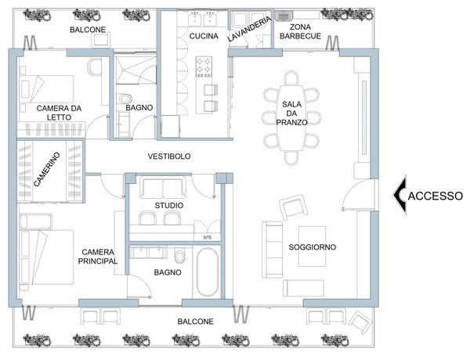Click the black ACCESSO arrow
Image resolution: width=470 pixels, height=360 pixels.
point(399,195)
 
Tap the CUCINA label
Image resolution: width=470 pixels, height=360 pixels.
point(204,36)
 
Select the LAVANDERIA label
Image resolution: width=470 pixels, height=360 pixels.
point(249,29)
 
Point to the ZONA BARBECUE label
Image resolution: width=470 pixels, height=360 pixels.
point(300,31)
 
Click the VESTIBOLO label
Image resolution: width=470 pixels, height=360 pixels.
point(169,156)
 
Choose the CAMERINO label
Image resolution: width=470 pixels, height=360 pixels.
point(46,169)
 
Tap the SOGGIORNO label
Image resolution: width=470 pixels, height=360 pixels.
point(312,247)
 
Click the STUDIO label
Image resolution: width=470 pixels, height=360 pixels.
point(169,206)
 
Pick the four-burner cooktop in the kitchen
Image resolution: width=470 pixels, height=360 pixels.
point(204,67)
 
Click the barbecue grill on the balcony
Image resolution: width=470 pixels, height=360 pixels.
point(284,16)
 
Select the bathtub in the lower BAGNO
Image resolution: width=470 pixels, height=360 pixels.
point(208,272)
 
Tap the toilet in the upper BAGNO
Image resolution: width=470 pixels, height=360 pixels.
point(125,99)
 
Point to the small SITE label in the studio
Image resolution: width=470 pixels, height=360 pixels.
point(208,237)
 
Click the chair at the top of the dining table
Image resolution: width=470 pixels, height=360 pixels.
point(291,78)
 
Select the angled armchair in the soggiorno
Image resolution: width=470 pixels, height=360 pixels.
point(293,207)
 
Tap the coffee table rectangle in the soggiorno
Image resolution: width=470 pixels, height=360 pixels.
point(312,247)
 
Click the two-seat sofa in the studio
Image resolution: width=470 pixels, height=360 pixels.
point(163,188)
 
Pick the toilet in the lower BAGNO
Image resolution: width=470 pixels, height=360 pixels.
point(180,256)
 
